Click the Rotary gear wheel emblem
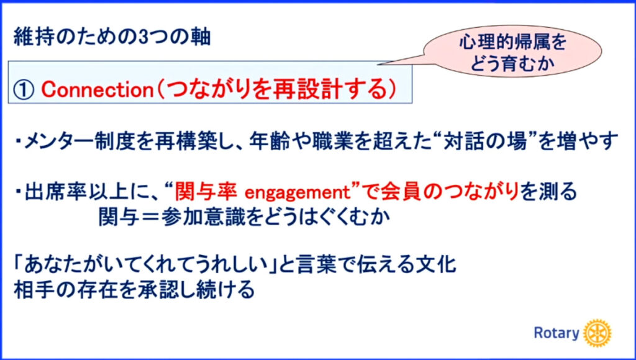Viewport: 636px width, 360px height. coord(597,333)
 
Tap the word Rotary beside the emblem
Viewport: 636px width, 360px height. coord(556,333)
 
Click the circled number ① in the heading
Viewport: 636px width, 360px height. coord(24,89)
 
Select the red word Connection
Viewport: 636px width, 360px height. coord(97,89)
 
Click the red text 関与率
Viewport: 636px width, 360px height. coord(206,192)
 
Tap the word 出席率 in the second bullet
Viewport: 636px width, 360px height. coord(55,192)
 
